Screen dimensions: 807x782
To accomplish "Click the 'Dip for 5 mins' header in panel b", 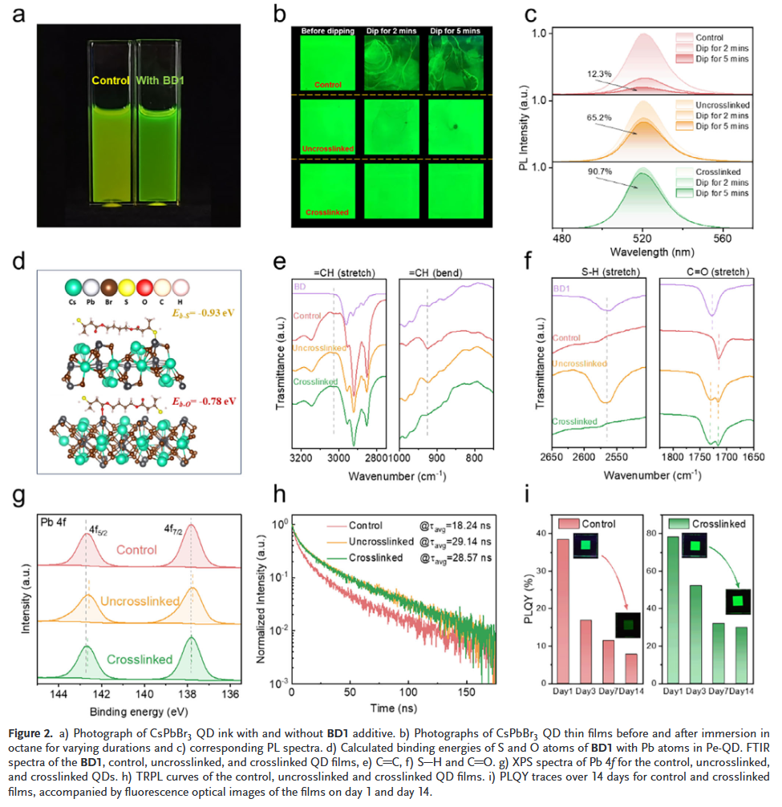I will (x=460, y=31).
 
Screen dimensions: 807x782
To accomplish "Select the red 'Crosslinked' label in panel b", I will (x=327, y=212).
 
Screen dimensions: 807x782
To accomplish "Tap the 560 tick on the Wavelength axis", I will (x=723, y=238).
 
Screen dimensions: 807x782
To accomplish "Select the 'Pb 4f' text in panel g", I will (x=56, y=523).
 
